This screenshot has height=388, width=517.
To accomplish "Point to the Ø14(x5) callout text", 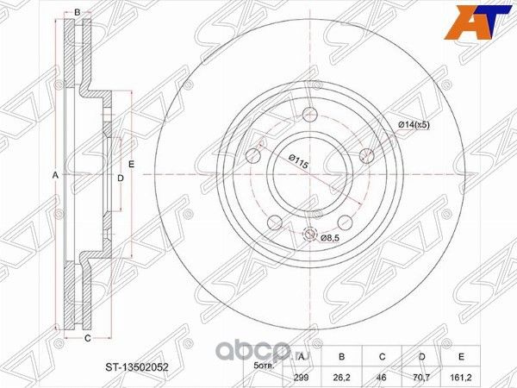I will (x=413, y=126).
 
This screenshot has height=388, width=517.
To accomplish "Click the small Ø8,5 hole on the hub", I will (x=310, y=233).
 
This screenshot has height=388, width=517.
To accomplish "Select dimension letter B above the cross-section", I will (x=78, y=11).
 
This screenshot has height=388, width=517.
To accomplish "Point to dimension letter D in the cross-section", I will (x=121, y=178).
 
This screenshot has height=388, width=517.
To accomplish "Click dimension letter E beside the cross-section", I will (x=132, y=163).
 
